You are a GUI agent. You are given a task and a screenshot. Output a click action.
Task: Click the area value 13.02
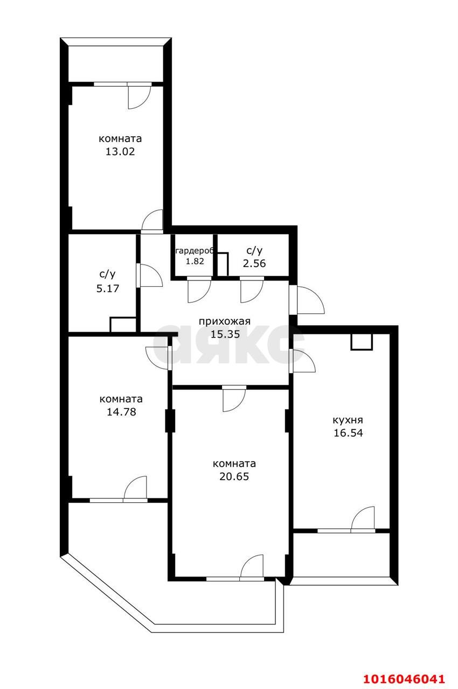point(120,152)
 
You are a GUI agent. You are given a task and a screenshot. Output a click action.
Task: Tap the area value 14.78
point(121,412)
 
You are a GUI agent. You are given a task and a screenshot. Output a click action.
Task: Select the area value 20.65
point(234,476)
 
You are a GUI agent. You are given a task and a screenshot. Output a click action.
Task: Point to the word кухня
point(348,420)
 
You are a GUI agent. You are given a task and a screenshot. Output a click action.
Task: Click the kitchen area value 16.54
point(348,433)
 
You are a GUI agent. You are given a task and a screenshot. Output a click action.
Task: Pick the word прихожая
point(224,321)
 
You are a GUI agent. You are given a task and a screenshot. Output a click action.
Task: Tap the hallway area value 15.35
point(225,334)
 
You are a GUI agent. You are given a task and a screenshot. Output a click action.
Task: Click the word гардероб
point(194,251)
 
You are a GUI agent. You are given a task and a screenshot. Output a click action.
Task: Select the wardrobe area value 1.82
point(195,262)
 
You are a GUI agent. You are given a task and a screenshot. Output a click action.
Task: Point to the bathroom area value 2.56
point(254,263)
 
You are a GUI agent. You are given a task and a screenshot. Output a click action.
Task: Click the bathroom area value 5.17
point(108,289)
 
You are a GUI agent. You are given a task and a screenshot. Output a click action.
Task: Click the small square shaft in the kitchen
point(362,342)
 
